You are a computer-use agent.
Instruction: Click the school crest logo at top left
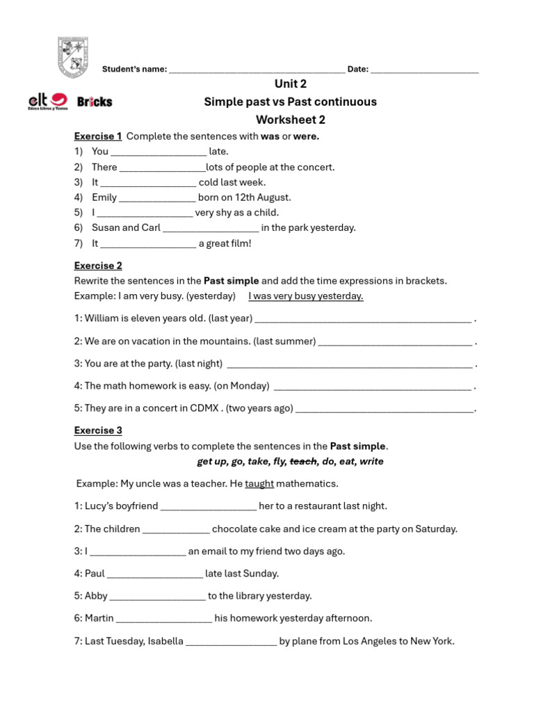coord(72,57)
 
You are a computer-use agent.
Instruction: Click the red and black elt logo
coord(47,102)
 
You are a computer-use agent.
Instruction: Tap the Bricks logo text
coord(95,102)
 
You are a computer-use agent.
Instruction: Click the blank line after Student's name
coord(257,70)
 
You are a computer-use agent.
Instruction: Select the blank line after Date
coord(424,70)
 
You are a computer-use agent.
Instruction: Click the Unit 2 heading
coord(290,84)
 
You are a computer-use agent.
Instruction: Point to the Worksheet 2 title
coord(290,120)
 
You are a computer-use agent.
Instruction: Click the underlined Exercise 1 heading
coord(98,136)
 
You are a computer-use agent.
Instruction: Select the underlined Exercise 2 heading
coord(98,266)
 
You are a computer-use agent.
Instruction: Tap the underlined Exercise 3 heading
coord(98,430)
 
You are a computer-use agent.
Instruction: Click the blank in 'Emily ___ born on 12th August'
coord(157,198)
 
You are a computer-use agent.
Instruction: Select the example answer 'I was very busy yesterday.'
coord(306,296)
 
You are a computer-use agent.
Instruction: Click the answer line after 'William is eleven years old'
coord(363,319)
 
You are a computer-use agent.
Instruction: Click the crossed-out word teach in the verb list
coord(302,462)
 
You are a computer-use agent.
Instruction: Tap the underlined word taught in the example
coord(259,484)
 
